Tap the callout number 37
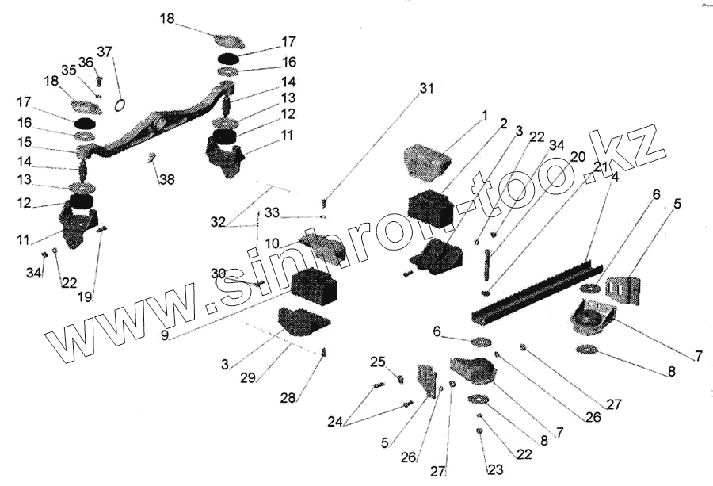(x=105, y=52)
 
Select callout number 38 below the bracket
(x=166, y=180)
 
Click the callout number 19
(x=85, y=297)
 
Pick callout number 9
(x=166, y=335)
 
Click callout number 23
(x=495, y=470)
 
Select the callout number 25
(x=377, y=362)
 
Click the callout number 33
(x=272, y=212)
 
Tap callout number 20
(x=580, y=157)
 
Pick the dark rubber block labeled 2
(x=429, y=209)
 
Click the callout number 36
(x=86, y=63)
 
